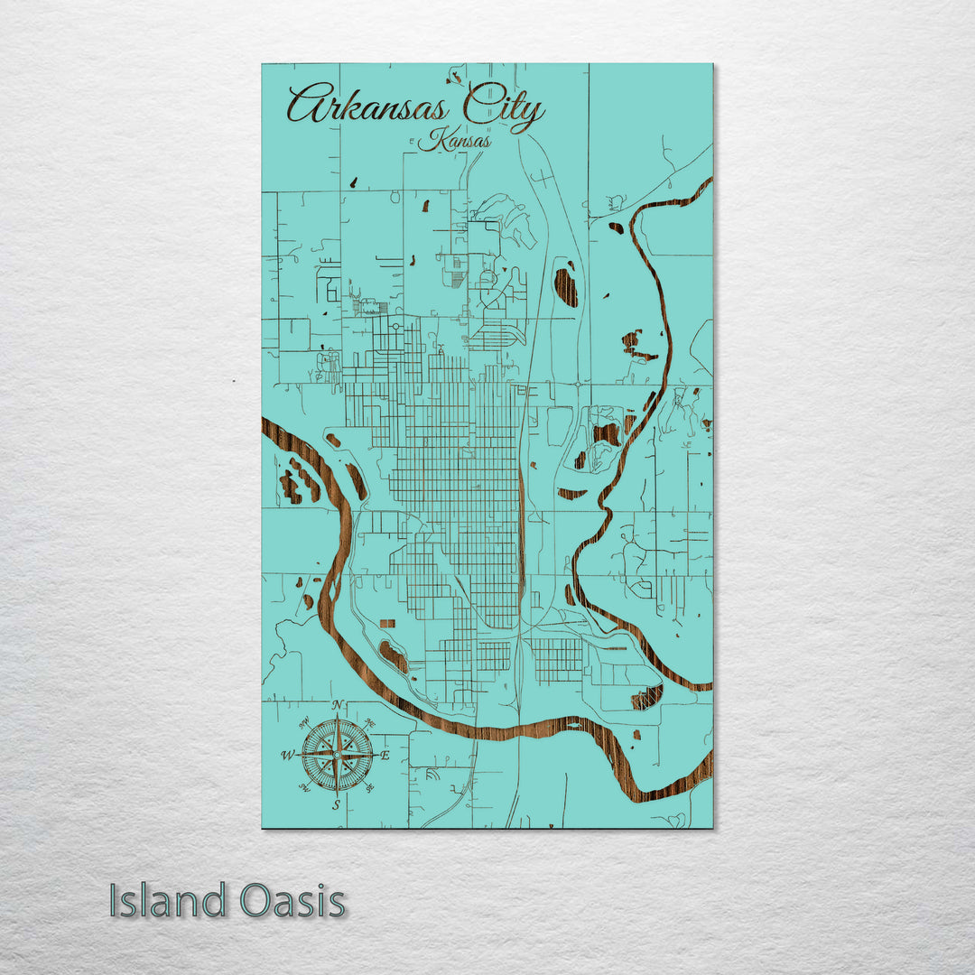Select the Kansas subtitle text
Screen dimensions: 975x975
[x=455, y=141]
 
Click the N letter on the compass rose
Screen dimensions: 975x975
[x=337, y=706]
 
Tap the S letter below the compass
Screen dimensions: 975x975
[x=337, y=805]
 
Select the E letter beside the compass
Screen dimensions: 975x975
[x=385, y=756]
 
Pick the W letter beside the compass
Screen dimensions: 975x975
[x=287, y=756]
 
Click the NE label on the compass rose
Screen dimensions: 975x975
[x=370, y=721]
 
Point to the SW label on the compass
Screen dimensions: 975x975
[x=302, y=789]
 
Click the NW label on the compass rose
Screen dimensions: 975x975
[x=303, y=721]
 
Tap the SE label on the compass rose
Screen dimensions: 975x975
[x=371, y=789]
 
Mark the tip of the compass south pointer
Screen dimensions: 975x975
[x=337, y=794]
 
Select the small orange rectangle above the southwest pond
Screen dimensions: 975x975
[x=387, y=624]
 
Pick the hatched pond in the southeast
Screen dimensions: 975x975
[x=646, y=697]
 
